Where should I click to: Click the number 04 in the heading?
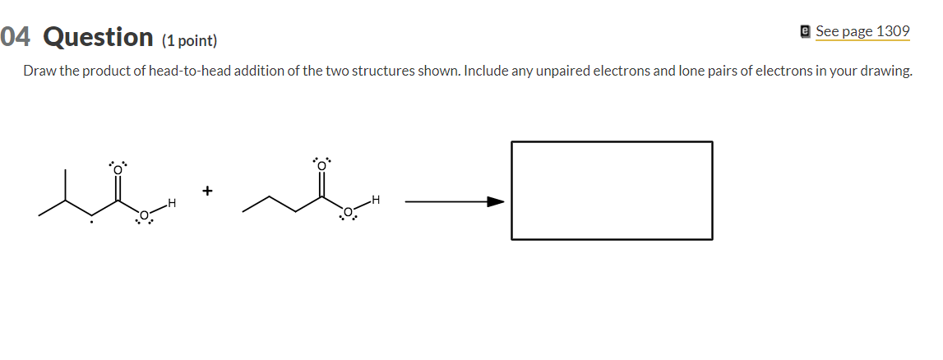(x=16, y=37)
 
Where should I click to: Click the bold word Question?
(x=98, y=37)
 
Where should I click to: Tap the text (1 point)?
(x=189, y=40)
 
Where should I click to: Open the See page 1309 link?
(x=862, y=31)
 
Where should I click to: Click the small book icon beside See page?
(x=806, y=31)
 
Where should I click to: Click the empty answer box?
(x=612, y=190)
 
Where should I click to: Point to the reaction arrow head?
(x=495, y=201)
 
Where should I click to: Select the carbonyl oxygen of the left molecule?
(x=118, y=169)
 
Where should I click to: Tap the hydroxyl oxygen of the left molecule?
(x=144, y=215)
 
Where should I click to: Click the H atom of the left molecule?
(x=172, y=202)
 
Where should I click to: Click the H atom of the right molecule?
(x=376, y=200)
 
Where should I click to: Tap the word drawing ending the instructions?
(x=885, y=71)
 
